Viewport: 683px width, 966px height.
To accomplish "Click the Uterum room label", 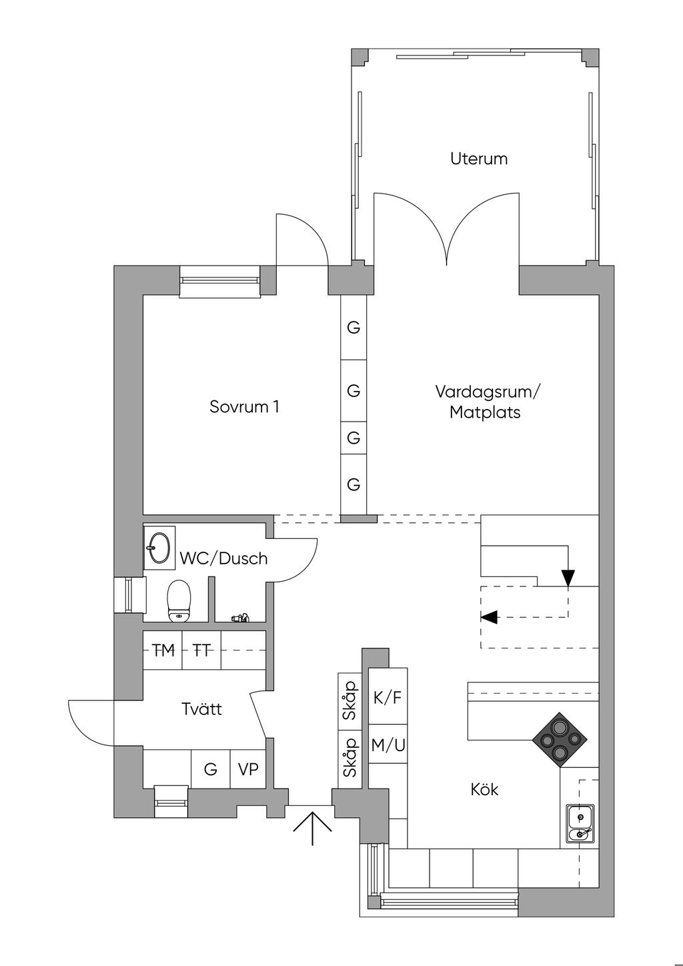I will (478, 159).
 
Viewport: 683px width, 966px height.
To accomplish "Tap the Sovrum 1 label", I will (244, 406).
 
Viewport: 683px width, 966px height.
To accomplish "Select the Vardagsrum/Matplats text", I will (487, 401).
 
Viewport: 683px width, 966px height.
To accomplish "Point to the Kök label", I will (484, 789).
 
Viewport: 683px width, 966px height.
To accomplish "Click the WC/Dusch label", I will (223, 558).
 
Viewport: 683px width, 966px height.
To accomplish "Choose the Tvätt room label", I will (201, 708).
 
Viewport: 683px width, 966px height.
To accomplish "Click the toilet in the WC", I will (179, 600).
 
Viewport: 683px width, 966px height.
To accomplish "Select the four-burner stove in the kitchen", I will (560, 739).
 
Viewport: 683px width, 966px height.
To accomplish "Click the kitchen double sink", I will (579, 825).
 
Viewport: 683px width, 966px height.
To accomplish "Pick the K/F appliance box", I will (388, 697).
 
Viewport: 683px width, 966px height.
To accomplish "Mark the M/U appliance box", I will (388, 745).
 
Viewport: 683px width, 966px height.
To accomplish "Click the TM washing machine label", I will (163, 650).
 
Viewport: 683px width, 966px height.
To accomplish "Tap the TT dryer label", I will (201, 650).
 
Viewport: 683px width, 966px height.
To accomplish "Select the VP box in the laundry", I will (248, 769).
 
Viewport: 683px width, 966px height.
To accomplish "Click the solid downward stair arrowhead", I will (568, 578).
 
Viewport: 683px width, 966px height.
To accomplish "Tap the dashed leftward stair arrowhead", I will (489, 617).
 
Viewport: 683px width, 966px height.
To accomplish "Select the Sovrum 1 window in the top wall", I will (219, 281).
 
